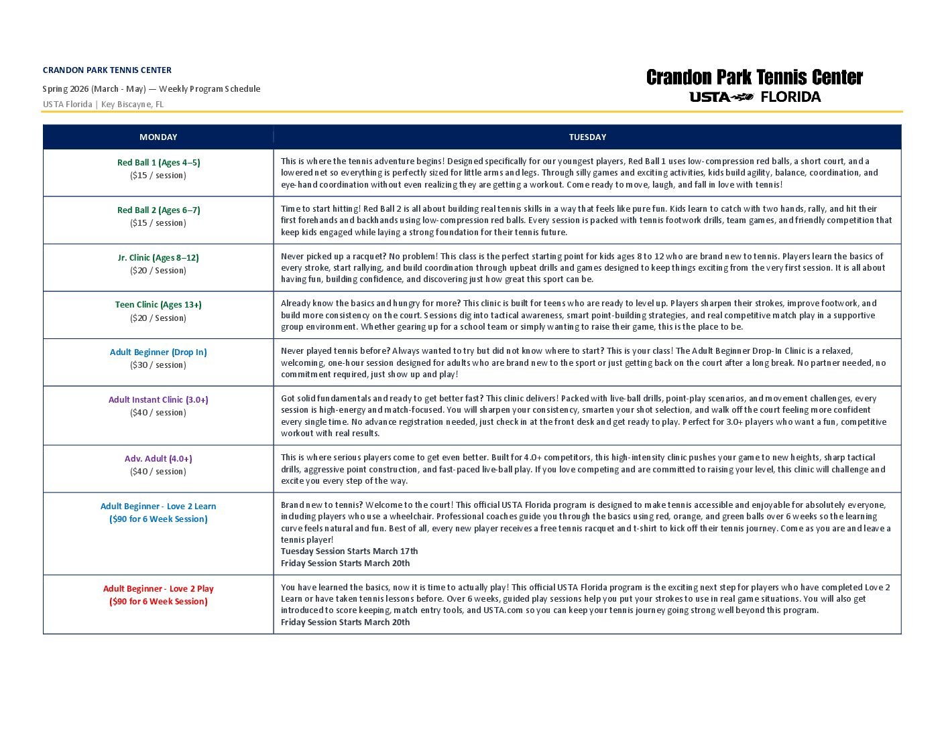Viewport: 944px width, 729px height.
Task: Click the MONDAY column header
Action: pos(158,137)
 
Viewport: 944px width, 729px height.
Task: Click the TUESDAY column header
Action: pos(587,137)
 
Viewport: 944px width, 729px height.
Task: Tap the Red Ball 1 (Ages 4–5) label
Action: pos(158,163)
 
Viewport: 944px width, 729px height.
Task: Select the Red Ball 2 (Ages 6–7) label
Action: pos(158,210)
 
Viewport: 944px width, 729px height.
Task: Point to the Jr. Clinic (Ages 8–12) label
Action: pos(158,258)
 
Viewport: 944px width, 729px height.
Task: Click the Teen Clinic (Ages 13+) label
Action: pos(158,305)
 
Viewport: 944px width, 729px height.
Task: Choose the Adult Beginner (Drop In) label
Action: pos(158,352)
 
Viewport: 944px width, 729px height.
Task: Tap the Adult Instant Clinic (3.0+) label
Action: pos(158,400)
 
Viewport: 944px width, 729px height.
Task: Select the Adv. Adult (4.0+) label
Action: pos(158,459)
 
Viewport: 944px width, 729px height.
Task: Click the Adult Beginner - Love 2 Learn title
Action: pos(158,507)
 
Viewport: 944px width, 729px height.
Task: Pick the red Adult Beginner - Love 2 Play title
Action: pos(158,589)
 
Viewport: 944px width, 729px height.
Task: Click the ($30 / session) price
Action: pos(158,365)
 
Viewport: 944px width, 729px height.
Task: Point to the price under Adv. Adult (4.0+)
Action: pos(158,472)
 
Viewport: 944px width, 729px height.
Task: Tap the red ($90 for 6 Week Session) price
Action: pos(158,602)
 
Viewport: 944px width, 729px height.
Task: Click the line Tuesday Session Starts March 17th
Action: pos(349,551)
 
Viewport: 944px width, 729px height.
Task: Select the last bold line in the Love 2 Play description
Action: pos(345,622)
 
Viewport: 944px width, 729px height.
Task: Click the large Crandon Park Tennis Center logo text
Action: pos(754,78)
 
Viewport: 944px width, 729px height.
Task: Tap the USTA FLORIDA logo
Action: pos(755,97)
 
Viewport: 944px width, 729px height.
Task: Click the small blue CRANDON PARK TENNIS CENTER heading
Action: pos(107,70)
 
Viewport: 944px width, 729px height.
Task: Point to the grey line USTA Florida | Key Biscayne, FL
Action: pos(103,105)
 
